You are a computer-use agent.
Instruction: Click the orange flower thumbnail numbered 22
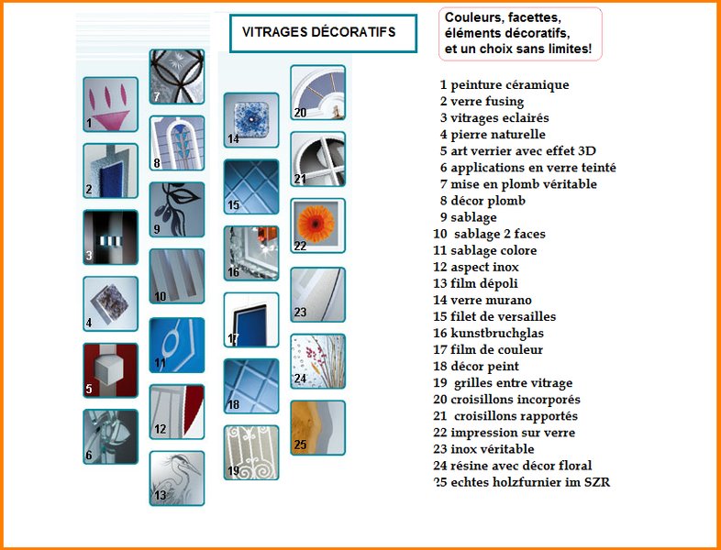tap(317, 225)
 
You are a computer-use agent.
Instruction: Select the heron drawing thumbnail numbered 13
tap(177, 478)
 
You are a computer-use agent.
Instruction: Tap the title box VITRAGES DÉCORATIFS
tap(323, 33)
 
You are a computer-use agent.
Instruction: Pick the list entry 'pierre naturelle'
tap(493, 134)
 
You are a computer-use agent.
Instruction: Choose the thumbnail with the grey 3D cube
tap(110, 370)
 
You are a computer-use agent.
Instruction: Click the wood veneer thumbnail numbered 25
tap(317, 428)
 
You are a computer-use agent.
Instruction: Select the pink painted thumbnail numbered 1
tap(110, 104)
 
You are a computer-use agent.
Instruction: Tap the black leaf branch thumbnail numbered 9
tap(177, 210)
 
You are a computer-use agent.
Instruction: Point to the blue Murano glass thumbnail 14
tap(251, 120)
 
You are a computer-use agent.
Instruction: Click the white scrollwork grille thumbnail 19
tap(251, 453)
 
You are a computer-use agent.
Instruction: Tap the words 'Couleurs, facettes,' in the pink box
tap(503, 18)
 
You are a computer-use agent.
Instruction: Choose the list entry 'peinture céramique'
tap(505, 84)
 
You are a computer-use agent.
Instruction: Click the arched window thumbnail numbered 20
tap(317, 93)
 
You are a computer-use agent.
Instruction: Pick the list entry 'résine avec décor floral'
tap(513, 466)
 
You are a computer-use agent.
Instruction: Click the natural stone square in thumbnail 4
tap(111, 302)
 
